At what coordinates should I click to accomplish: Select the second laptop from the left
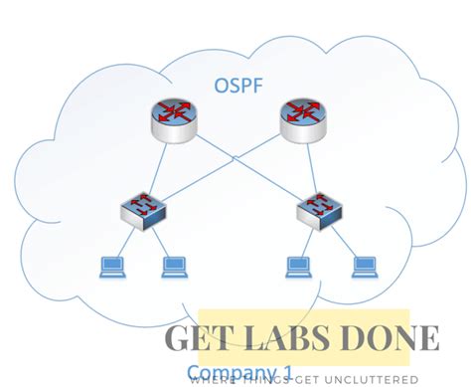[x=174, y=266]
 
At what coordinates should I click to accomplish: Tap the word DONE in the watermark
[x=401, y=339]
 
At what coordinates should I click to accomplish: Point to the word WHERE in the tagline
[x=212, y=379]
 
